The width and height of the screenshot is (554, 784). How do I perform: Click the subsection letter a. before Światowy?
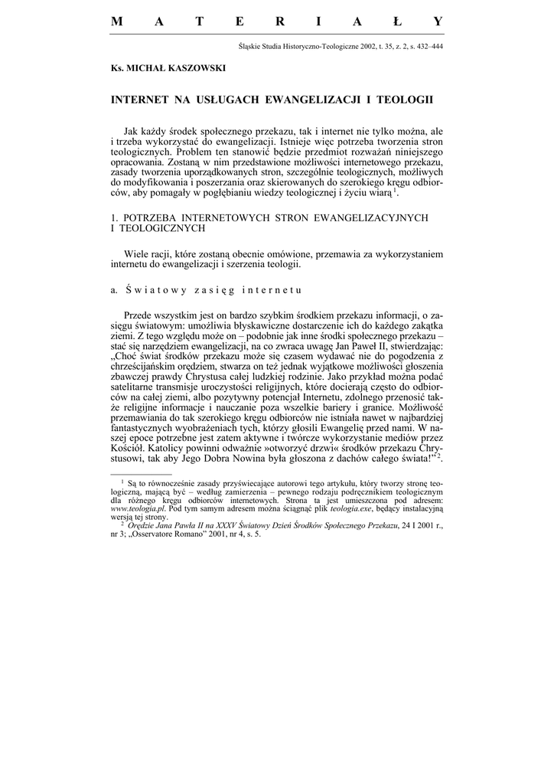click(116, 290)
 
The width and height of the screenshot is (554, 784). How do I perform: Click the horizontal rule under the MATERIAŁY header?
click(276, 34)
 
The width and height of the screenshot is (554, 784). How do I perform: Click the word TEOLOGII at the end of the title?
click(406, 100)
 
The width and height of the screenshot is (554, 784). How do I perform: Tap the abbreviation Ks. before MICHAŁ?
click(117, 68)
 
